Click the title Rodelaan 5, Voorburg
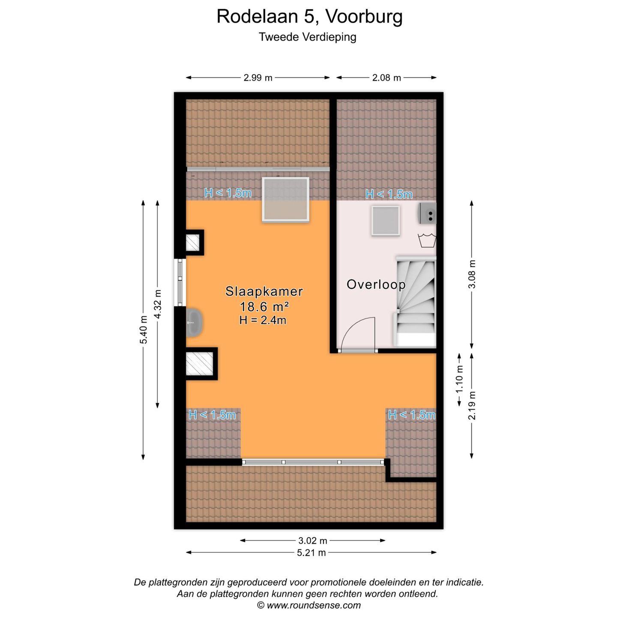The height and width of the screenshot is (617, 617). pos(309,17)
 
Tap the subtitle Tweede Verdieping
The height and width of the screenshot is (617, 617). pos(307,37)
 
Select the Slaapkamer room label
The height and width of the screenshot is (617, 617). pos(264,292)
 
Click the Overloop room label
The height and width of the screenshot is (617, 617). pos(376,285)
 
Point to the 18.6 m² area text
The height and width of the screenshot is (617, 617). pos(264,307)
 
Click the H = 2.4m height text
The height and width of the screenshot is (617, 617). pos(263,320)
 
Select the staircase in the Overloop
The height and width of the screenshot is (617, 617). pos(415,300)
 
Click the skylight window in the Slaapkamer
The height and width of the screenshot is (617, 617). pos(285,200)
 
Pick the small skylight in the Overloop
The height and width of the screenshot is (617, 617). pos(386,220)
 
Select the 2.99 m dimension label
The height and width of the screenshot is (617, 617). pos(258,78)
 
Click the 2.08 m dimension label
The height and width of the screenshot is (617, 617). pos(386,78)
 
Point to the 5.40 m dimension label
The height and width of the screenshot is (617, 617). pos(144,329)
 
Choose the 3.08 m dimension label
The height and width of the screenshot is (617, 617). pos(472,274)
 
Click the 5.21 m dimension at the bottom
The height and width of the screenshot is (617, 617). pos(311,553)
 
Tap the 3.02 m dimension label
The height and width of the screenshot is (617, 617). pos(312,541)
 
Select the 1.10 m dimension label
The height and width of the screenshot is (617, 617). pos(459,379)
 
